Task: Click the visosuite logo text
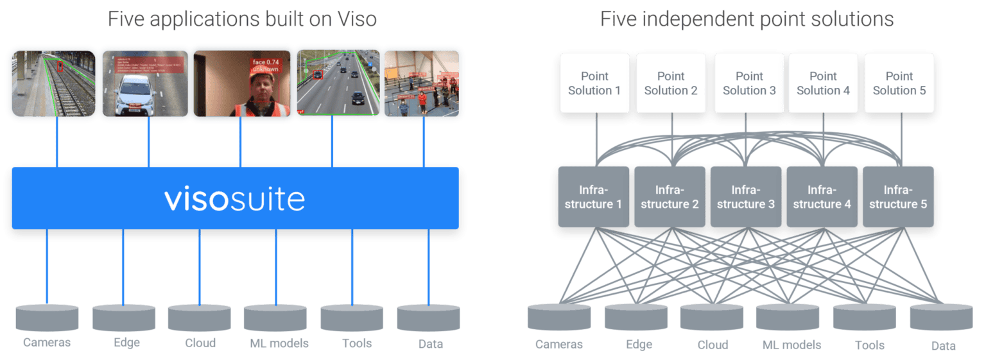pyautogui.click(x=234, y=200)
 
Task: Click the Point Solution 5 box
pyautogui.click(x=899, y=83)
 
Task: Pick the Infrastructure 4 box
pyautogui.click(x=823, y=196)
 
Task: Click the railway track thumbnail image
pyautogui.click(x=51, y=83)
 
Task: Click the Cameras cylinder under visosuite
pyautogui.click(x=47, y=317)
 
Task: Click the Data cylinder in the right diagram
pyautogui.click(x=941, y=316)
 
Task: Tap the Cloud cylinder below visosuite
pyautogui.click(x=199, y=317)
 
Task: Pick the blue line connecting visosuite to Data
pyautogui.click(x=427, y=266)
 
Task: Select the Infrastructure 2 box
pyautogui.click(x=670, y=196)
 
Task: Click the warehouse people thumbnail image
pyautogui.click(x=421, y=83)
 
